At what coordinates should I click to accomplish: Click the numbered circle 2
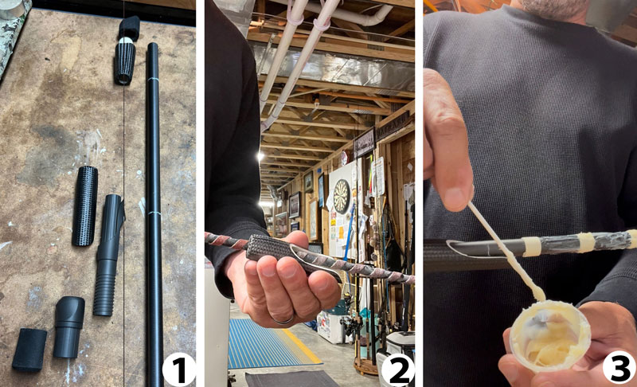tap(397, 369)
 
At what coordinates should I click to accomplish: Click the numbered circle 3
tap(618, 369)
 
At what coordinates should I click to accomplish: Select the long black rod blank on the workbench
tap(153, 199)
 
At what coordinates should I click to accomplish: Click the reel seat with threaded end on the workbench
tap(108, 255)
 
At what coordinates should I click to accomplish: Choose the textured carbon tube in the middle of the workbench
tap(85, 205)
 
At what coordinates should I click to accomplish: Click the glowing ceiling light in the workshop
tap(263, 204)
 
